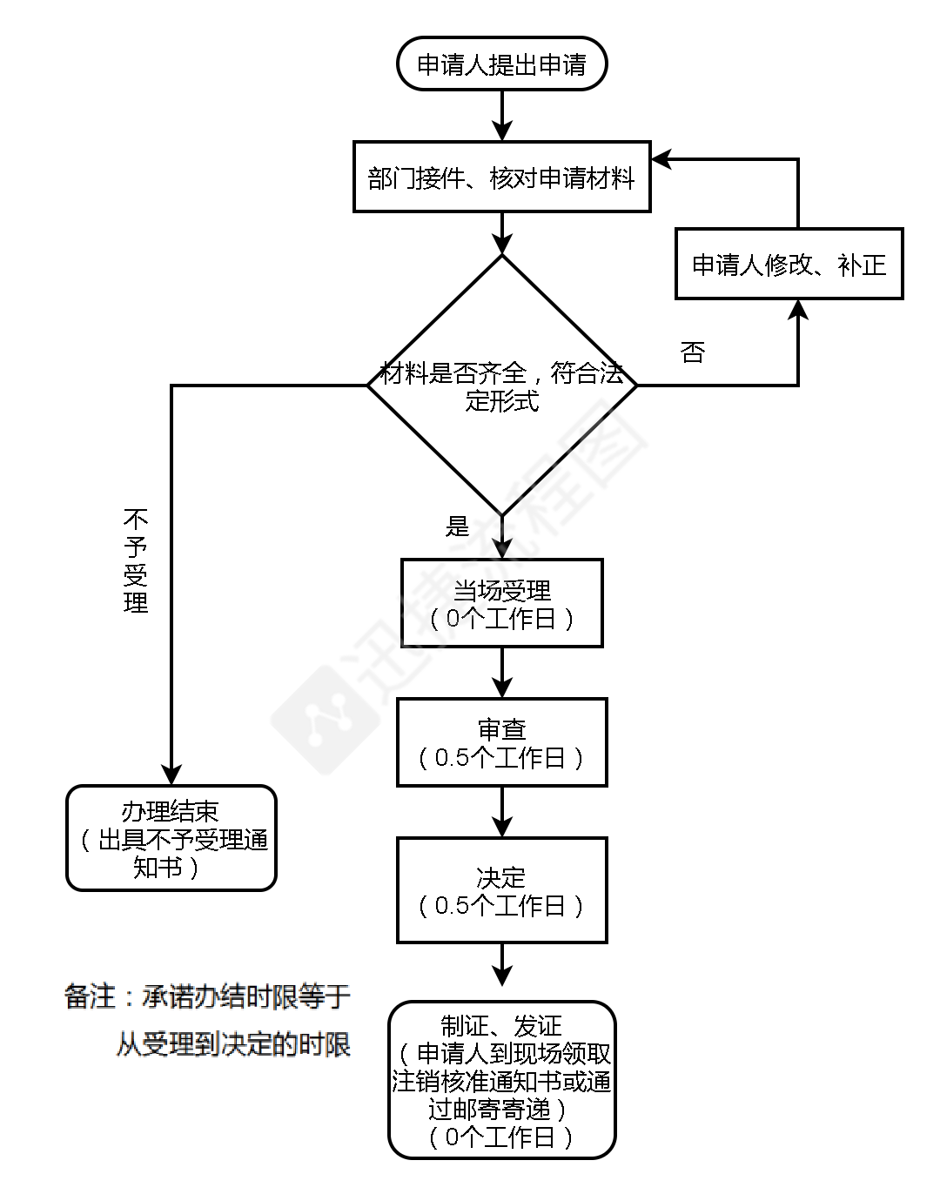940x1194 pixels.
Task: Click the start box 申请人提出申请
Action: pyautogui.click(x=501, y=64)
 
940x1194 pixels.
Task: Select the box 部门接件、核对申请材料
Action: pyautogui.click(x=501, y=177)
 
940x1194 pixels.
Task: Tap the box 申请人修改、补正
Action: pyautogui.click(x=789, y=264)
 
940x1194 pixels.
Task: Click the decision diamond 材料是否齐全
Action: pyautogui.click(x=501, y=386)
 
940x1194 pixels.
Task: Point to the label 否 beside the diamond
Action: pyautogui.click(x=692, y=352)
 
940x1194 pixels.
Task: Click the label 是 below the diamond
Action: pyautogui.click(x=457, y=526)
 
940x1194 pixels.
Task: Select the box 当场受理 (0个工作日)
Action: pyautogui.click(x=501, y=603)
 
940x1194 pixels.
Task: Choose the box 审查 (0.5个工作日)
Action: pyautogui.click(x=501, y=742)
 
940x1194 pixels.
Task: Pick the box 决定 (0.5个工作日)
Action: pyautogui.click(x=501, y=890)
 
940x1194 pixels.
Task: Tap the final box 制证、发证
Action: pyautogui.click(x=501, y=1080)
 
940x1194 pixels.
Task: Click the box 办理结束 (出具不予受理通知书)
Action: pyautogui.click(x=171, y=838)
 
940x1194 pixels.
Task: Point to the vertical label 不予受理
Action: pyautogui.click(x=137, y=561)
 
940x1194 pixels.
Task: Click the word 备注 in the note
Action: pyautogui.click(x=91, y=996)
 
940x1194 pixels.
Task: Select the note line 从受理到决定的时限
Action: pyautogui.click(x=233, y=1043)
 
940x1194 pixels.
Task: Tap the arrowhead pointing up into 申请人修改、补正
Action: pyautogui.click(x=798, y=311)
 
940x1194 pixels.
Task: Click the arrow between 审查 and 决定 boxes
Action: pyautogui.click(x=502, y=812)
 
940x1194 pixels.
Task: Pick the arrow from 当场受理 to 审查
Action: pyautogui.click(x=502, y=673)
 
